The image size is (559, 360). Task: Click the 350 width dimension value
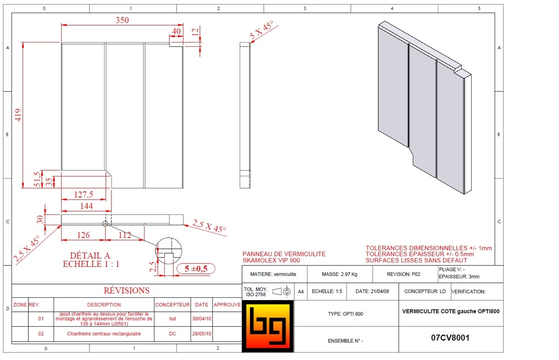[122, 20]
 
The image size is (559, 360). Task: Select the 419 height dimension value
[18, 115]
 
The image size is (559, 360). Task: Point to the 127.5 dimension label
[83, 195]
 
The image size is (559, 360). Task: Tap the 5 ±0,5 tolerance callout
[195, 268]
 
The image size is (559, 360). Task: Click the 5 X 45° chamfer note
[261, 30]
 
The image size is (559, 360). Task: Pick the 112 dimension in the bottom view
[124, 235]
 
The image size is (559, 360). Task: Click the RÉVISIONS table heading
[126, 291]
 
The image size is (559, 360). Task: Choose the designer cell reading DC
[172, 333]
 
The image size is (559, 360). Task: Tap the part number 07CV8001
[450, 338]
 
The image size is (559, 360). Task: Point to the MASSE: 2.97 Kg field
[340, 274]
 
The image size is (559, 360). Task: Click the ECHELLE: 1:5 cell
[327, 292]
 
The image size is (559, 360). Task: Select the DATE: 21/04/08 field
[372, 292]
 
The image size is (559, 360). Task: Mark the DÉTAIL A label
[90, 255]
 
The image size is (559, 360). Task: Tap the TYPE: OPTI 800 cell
[345, 314]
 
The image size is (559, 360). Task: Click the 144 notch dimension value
[86, 206]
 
